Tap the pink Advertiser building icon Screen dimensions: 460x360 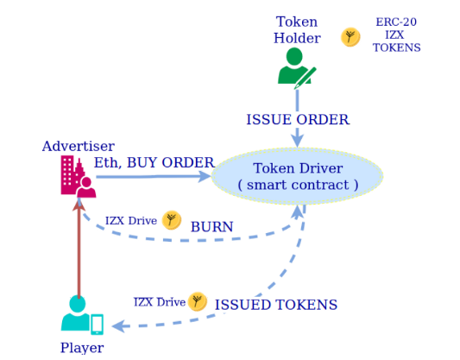(x=78, y=176)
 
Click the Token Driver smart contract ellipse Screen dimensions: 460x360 (x=297, y=176)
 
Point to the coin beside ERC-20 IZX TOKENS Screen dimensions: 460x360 (x=350, y=37)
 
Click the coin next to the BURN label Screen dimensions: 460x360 (x=172, y=220)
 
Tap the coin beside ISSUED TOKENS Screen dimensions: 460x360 (x=198, y=301)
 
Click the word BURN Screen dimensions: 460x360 (x=211, y=227)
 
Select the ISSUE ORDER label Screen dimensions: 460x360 (x=298, y=120)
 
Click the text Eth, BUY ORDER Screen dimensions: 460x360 (x=154, y=162)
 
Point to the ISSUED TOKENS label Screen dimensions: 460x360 (x=276, y=305)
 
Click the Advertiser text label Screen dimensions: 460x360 (x=79, y=146)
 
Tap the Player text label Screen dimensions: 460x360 (x=82, y=348)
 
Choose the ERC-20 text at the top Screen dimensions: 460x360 (x=396, y=22)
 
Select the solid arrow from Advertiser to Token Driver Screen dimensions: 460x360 (x=154, y=176)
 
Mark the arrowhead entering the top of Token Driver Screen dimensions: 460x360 (x=298, y=141)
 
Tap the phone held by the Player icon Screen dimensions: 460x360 (x=98, y=325)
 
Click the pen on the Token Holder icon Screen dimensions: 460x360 (x=306, y=78)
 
